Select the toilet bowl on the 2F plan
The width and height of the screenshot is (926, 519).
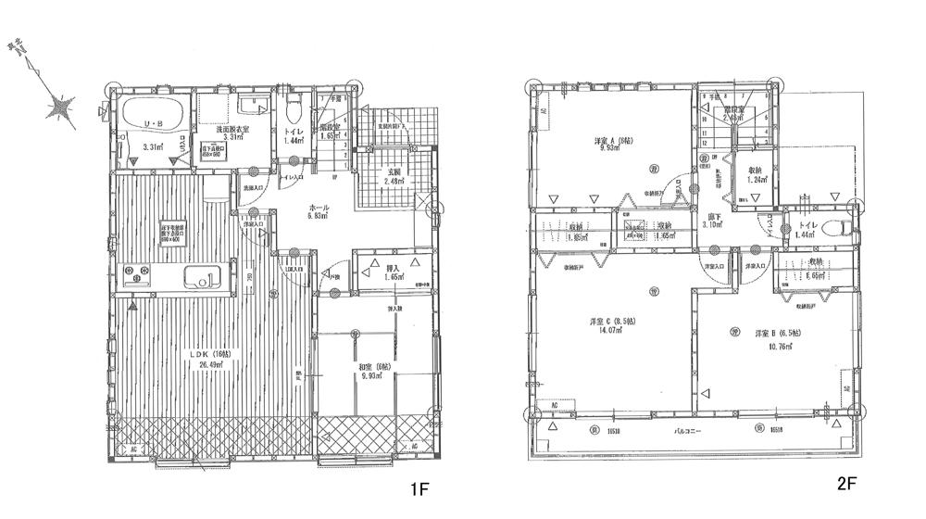coord(839,229)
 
